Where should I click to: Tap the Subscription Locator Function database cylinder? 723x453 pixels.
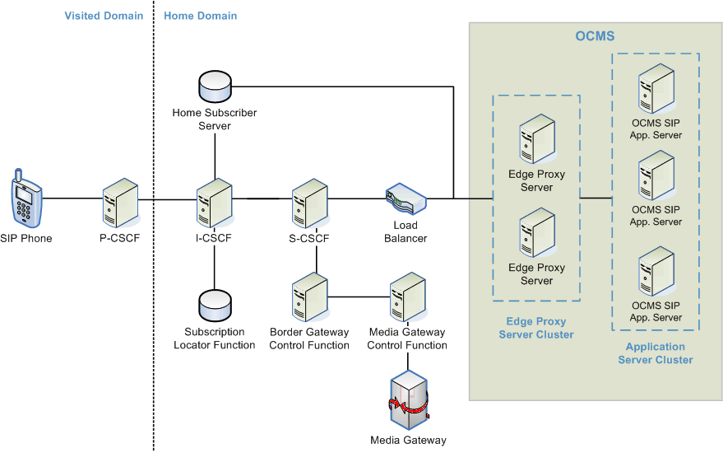coord(215,306)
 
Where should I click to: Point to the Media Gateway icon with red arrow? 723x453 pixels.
coord(408,400)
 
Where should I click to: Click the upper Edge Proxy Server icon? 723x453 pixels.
coord(537,140)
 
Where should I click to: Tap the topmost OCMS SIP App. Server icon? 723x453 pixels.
coord(656,88)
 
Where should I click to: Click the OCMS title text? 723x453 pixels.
coord(595,37)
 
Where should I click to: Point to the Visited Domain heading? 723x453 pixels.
coord(104,16)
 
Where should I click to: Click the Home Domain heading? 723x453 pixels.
coord(201,16)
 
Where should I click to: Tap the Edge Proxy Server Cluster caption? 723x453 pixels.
coord(536,328)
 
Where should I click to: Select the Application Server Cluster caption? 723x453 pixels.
coord(656,353)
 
